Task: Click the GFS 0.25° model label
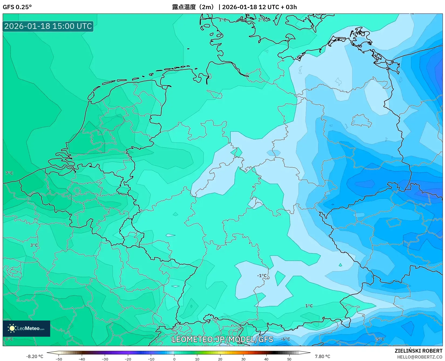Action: coord(17,7)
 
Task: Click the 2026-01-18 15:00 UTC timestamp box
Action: coord(48,26)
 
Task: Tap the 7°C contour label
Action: coord(9,173)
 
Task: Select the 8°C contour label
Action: coord(9,339)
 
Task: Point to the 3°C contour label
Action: coord(34,245)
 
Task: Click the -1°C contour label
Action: coord(262,275)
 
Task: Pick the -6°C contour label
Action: coord(285,339)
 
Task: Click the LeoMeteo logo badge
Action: coord(26,328)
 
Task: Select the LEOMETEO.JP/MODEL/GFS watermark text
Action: coord(222,339)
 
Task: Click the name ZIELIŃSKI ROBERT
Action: coord(418,351)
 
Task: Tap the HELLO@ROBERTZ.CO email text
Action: coord(420,357)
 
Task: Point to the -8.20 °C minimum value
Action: coord(35,356)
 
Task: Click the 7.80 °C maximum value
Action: coord(322,356)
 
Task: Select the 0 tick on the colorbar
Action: coord(174,359)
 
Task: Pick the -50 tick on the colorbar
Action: coord(59,359)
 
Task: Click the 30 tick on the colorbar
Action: coord(243,359)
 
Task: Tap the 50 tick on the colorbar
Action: coord(289,359)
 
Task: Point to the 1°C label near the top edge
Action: coord(222,20)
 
